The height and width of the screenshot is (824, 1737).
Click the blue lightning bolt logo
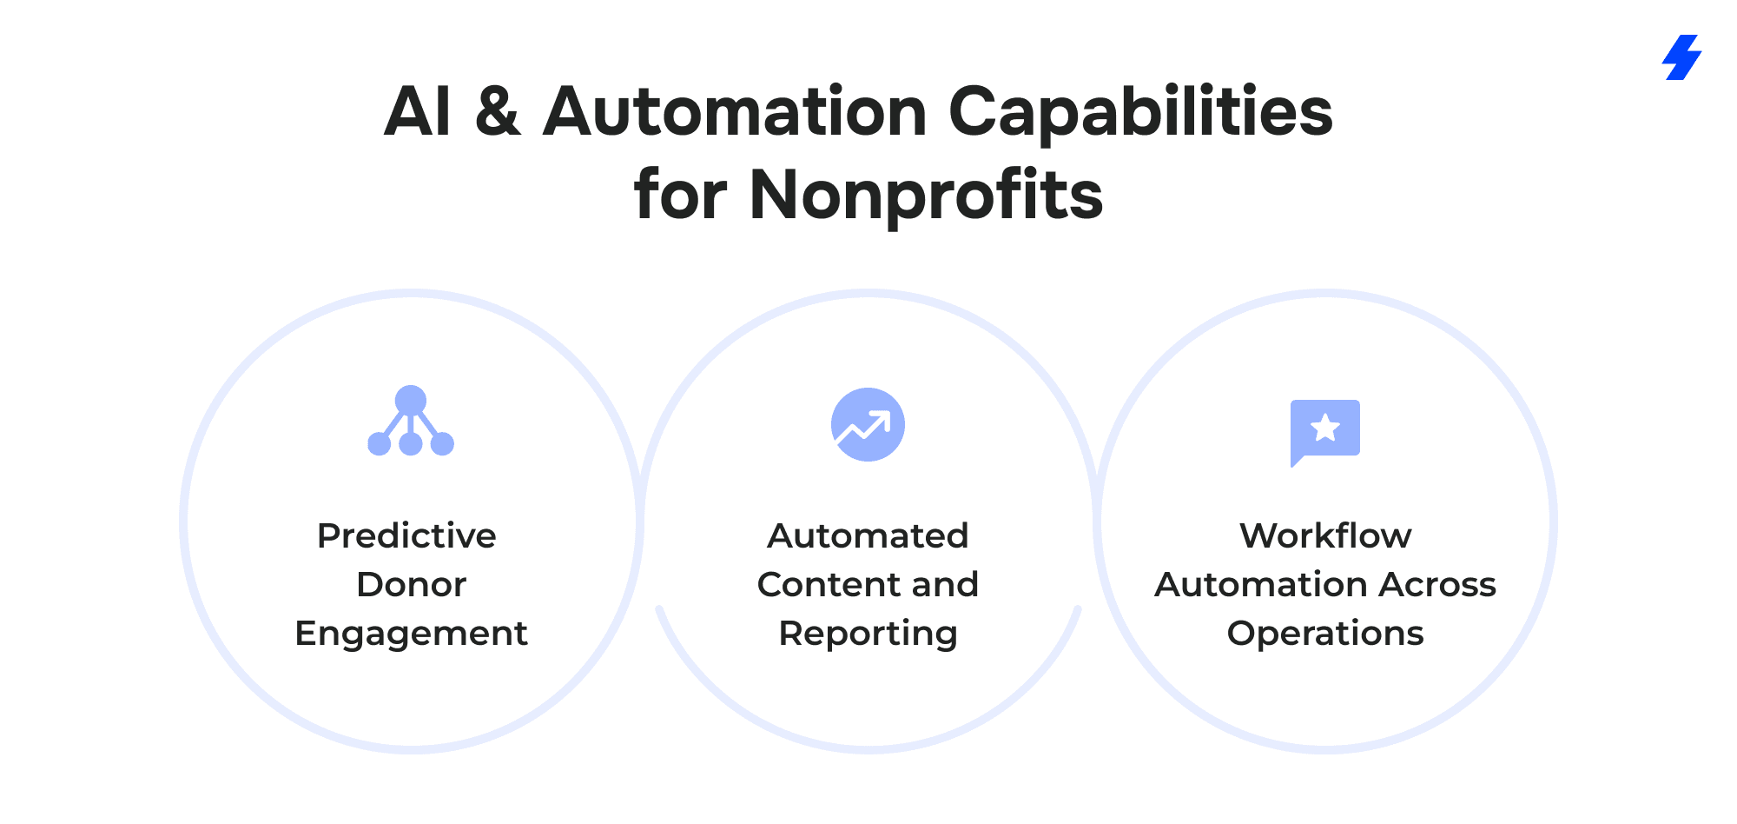click(x=1681, y=57)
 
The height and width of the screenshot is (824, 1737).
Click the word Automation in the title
click(x=735, y=112)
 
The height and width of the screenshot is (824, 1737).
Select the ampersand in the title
click(x=498, y=112)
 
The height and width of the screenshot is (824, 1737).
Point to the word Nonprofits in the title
click(x=926, y=196)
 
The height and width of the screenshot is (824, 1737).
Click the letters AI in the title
click(x=418, y=112)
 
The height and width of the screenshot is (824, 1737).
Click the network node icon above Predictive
click(x=411, y=421)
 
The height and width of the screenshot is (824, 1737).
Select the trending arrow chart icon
click(x=868, y=424)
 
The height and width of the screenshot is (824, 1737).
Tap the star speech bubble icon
click(x=1324, y=432)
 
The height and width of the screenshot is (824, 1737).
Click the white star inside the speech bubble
click(x=1325, y=428)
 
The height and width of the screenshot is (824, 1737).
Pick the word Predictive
click(x=406, y=535)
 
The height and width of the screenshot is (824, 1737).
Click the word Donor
click(x=412, y=584)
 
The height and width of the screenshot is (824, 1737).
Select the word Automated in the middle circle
click(x=868, y=535)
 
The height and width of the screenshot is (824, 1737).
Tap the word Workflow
click(x=1325, y=535)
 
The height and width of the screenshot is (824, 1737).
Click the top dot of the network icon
click(x=411, y=401)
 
